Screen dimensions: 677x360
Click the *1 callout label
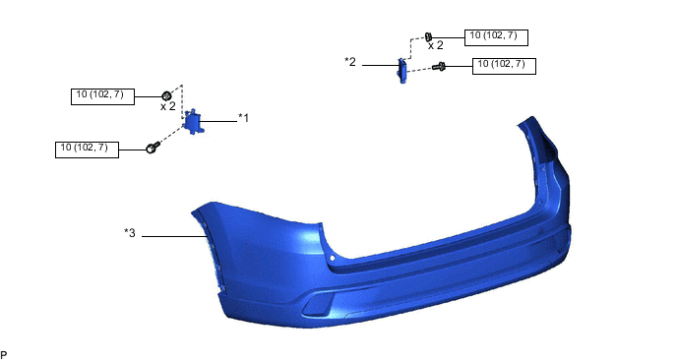pyautogui.click(x=243, y=118)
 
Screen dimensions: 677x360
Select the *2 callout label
pyautogui.click(x=350, y=62)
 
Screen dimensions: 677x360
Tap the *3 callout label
pyautogui.click(x=130, y=233)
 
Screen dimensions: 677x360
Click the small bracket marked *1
pyautogui.click(x=193, y=121)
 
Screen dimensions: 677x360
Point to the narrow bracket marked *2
pyautogui.click(x=401, y=70)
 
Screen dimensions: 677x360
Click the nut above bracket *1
pyautogui.click(x=166, y=95)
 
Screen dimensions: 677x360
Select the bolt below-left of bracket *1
pyautogui.click(x=153, y=148)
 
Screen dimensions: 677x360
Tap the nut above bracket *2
pyautogui.click(x=428, y=36)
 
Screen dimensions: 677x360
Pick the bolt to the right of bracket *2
pyautogui.click(x=439, y=67)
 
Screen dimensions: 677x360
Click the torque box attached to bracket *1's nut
pyautogui.click(x=102, y=96)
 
